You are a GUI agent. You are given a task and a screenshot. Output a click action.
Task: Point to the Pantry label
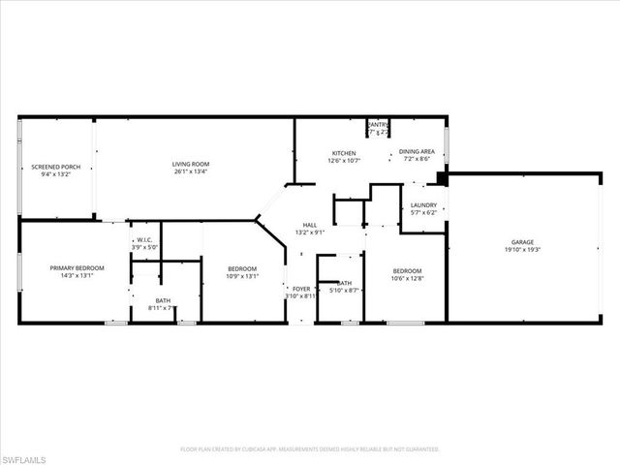[377, 124]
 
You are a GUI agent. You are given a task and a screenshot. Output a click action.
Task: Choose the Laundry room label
[423, 204]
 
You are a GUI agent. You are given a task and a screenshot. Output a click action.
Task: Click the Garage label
[523, 242]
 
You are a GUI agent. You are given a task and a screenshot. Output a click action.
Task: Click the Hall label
[310, 225]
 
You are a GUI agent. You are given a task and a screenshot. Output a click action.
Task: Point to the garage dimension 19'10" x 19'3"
[523, 250]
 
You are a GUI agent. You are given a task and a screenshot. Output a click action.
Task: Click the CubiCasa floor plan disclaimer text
[310, 449]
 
